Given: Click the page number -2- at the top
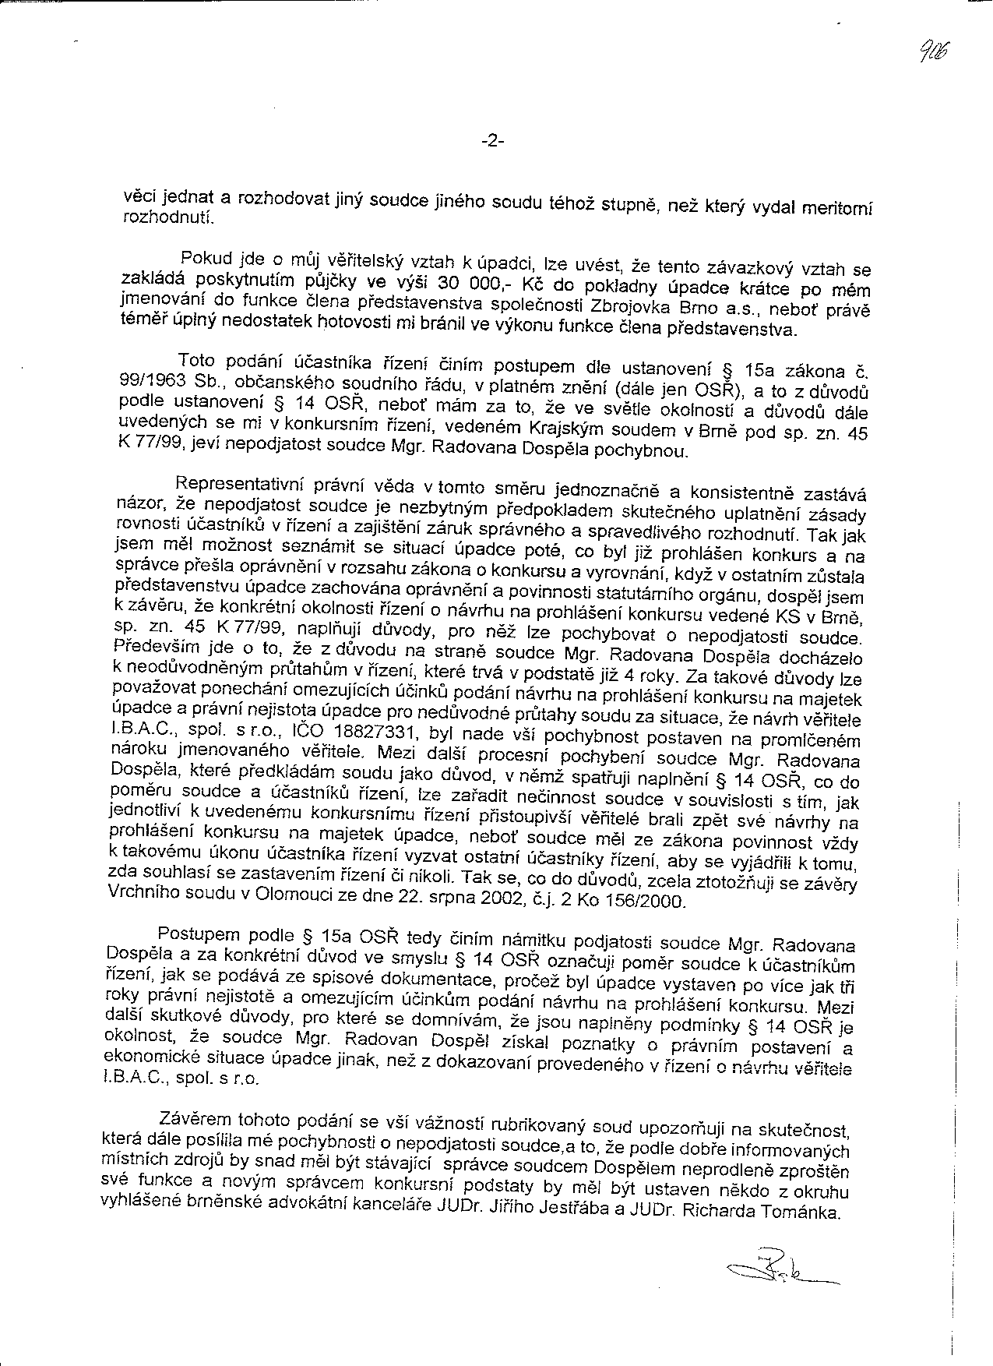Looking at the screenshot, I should pos(494,141).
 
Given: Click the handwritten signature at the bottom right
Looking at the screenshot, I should pos(779,1275).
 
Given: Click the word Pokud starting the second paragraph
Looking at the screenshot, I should pos(200,258).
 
